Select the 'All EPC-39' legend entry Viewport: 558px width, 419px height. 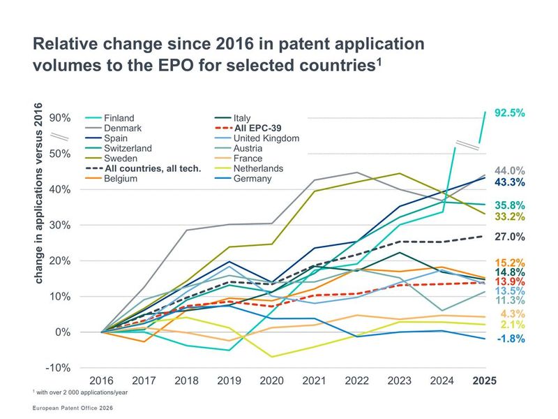(x=257, y=128)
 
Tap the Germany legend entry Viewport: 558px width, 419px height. (x=252, y=179)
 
